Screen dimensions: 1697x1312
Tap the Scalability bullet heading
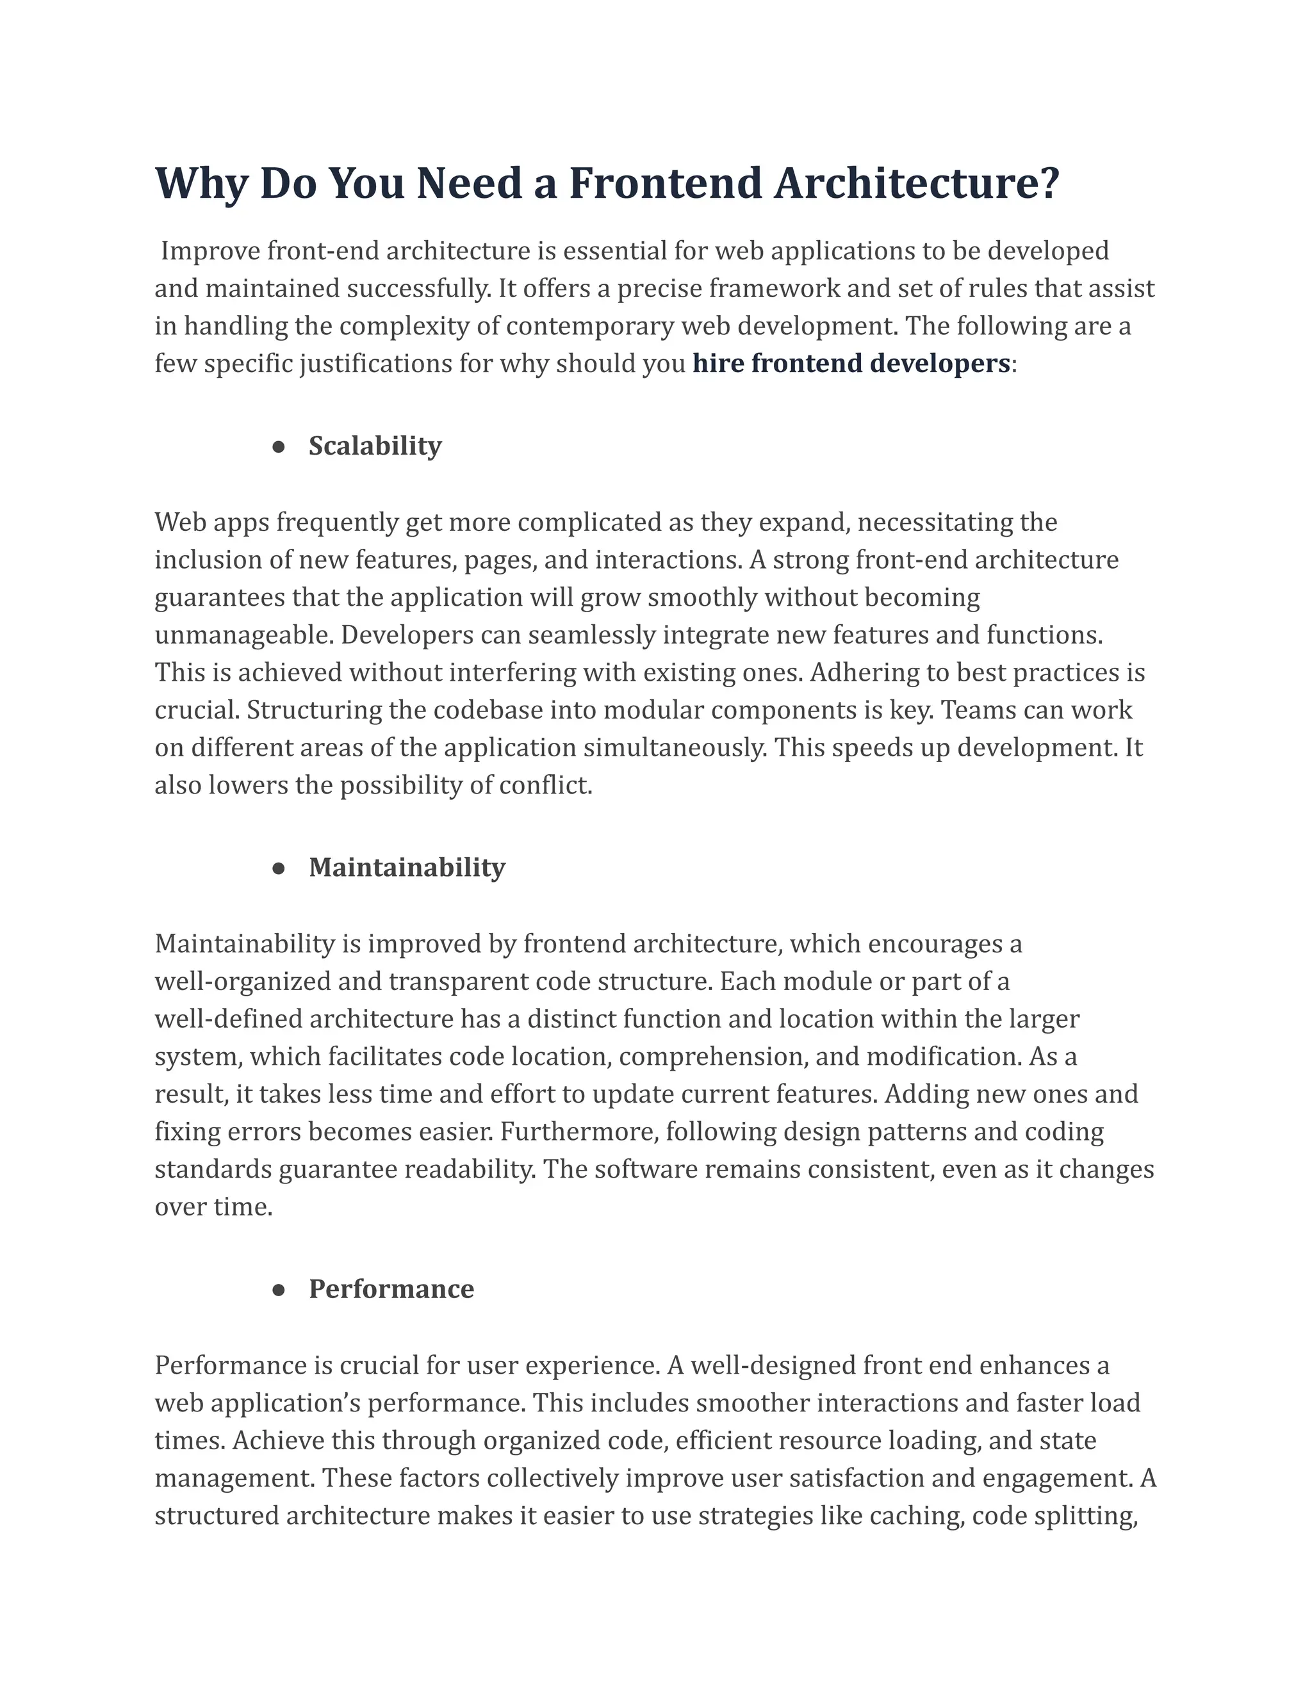[375, 446]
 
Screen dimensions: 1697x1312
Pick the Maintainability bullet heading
[407, 867]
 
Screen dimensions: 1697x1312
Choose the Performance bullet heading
[391, 1289]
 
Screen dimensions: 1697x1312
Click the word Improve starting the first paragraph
[210, 251]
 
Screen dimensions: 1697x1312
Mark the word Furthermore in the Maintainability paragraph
[579, 1132]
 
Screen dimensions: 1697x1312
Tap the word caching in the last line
[916, 1516]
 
